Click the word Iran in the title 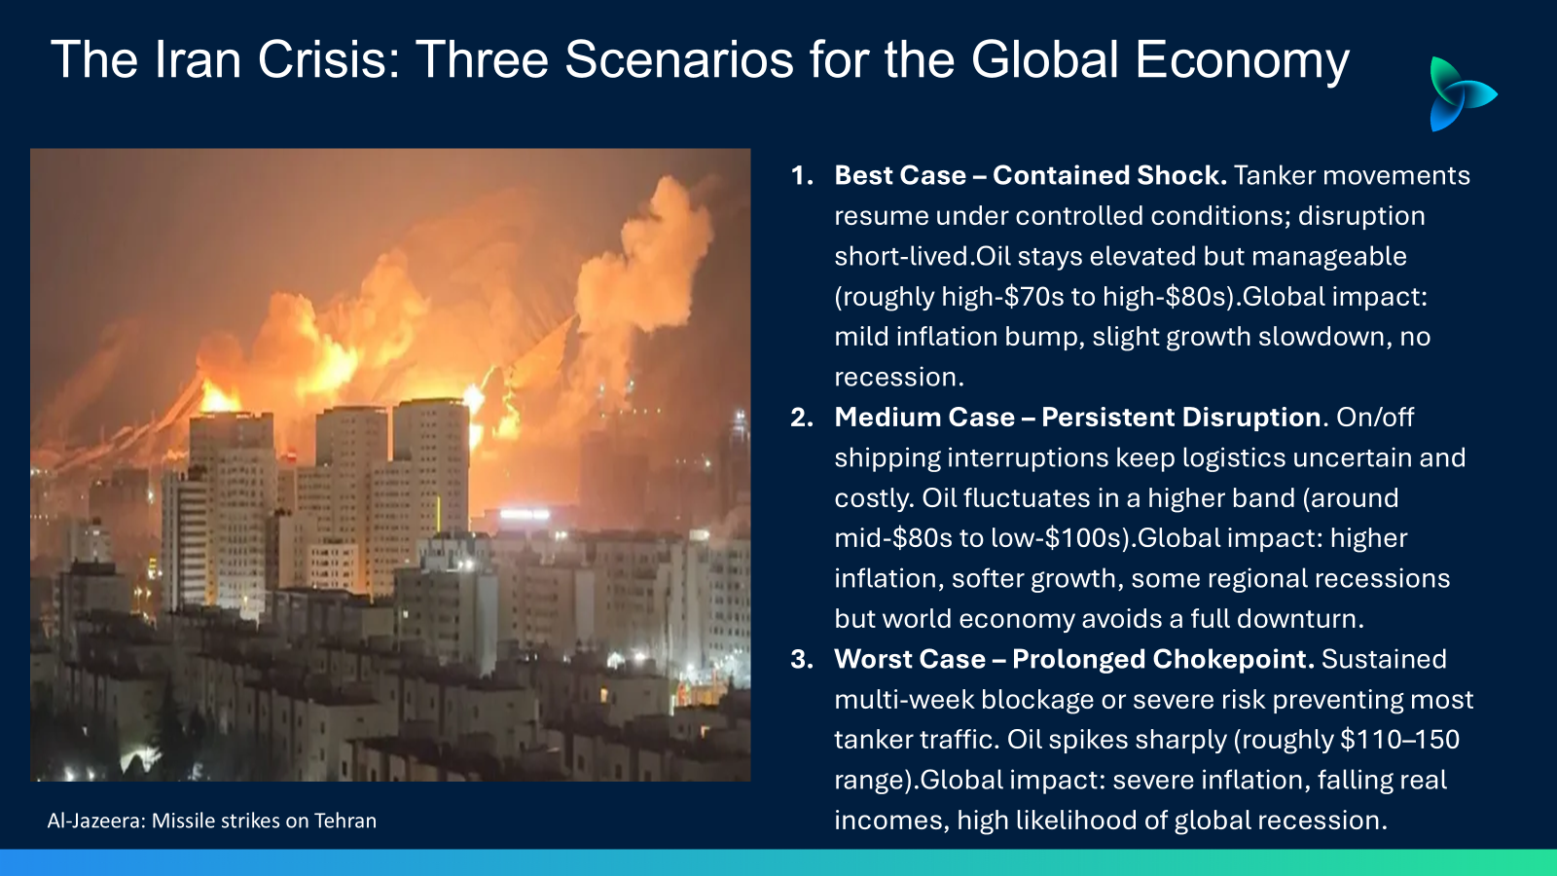click(x=198, y=59)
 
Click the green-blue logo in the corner click(x=1462, y=93)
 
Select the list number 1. click(x=802, y=176)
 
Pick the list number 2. click(x=802, y=418)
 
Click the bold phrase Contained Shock click(x=1110, y=176)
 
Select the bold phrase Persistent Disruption click(x=1181, y=418)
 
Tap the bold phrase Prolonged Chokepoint click(x=1164, y=660)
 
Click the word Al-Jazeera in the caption click(x=96, y=821)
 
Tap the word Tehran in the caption click(x=345, y=821)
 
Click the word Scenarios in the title click(x=679, y=59)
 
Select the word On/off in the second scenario click(x=1375, y=418)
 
